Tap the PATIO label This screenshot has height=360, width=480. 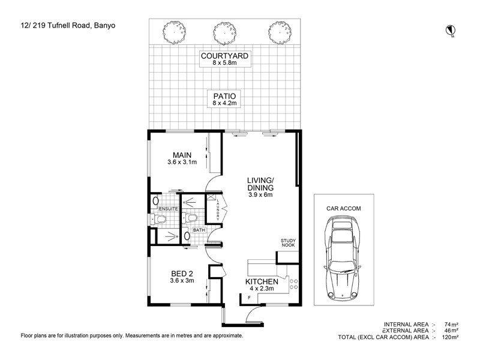tap(224, 95)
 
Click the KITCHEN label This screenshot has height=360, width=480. tap(261, 281)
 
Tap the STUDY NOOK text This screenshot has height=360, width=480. tap(289, 244)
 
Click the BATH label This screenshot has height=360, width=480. tap(199, 230)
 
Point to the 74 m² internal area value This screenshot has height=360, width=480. tap(450, 323)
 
